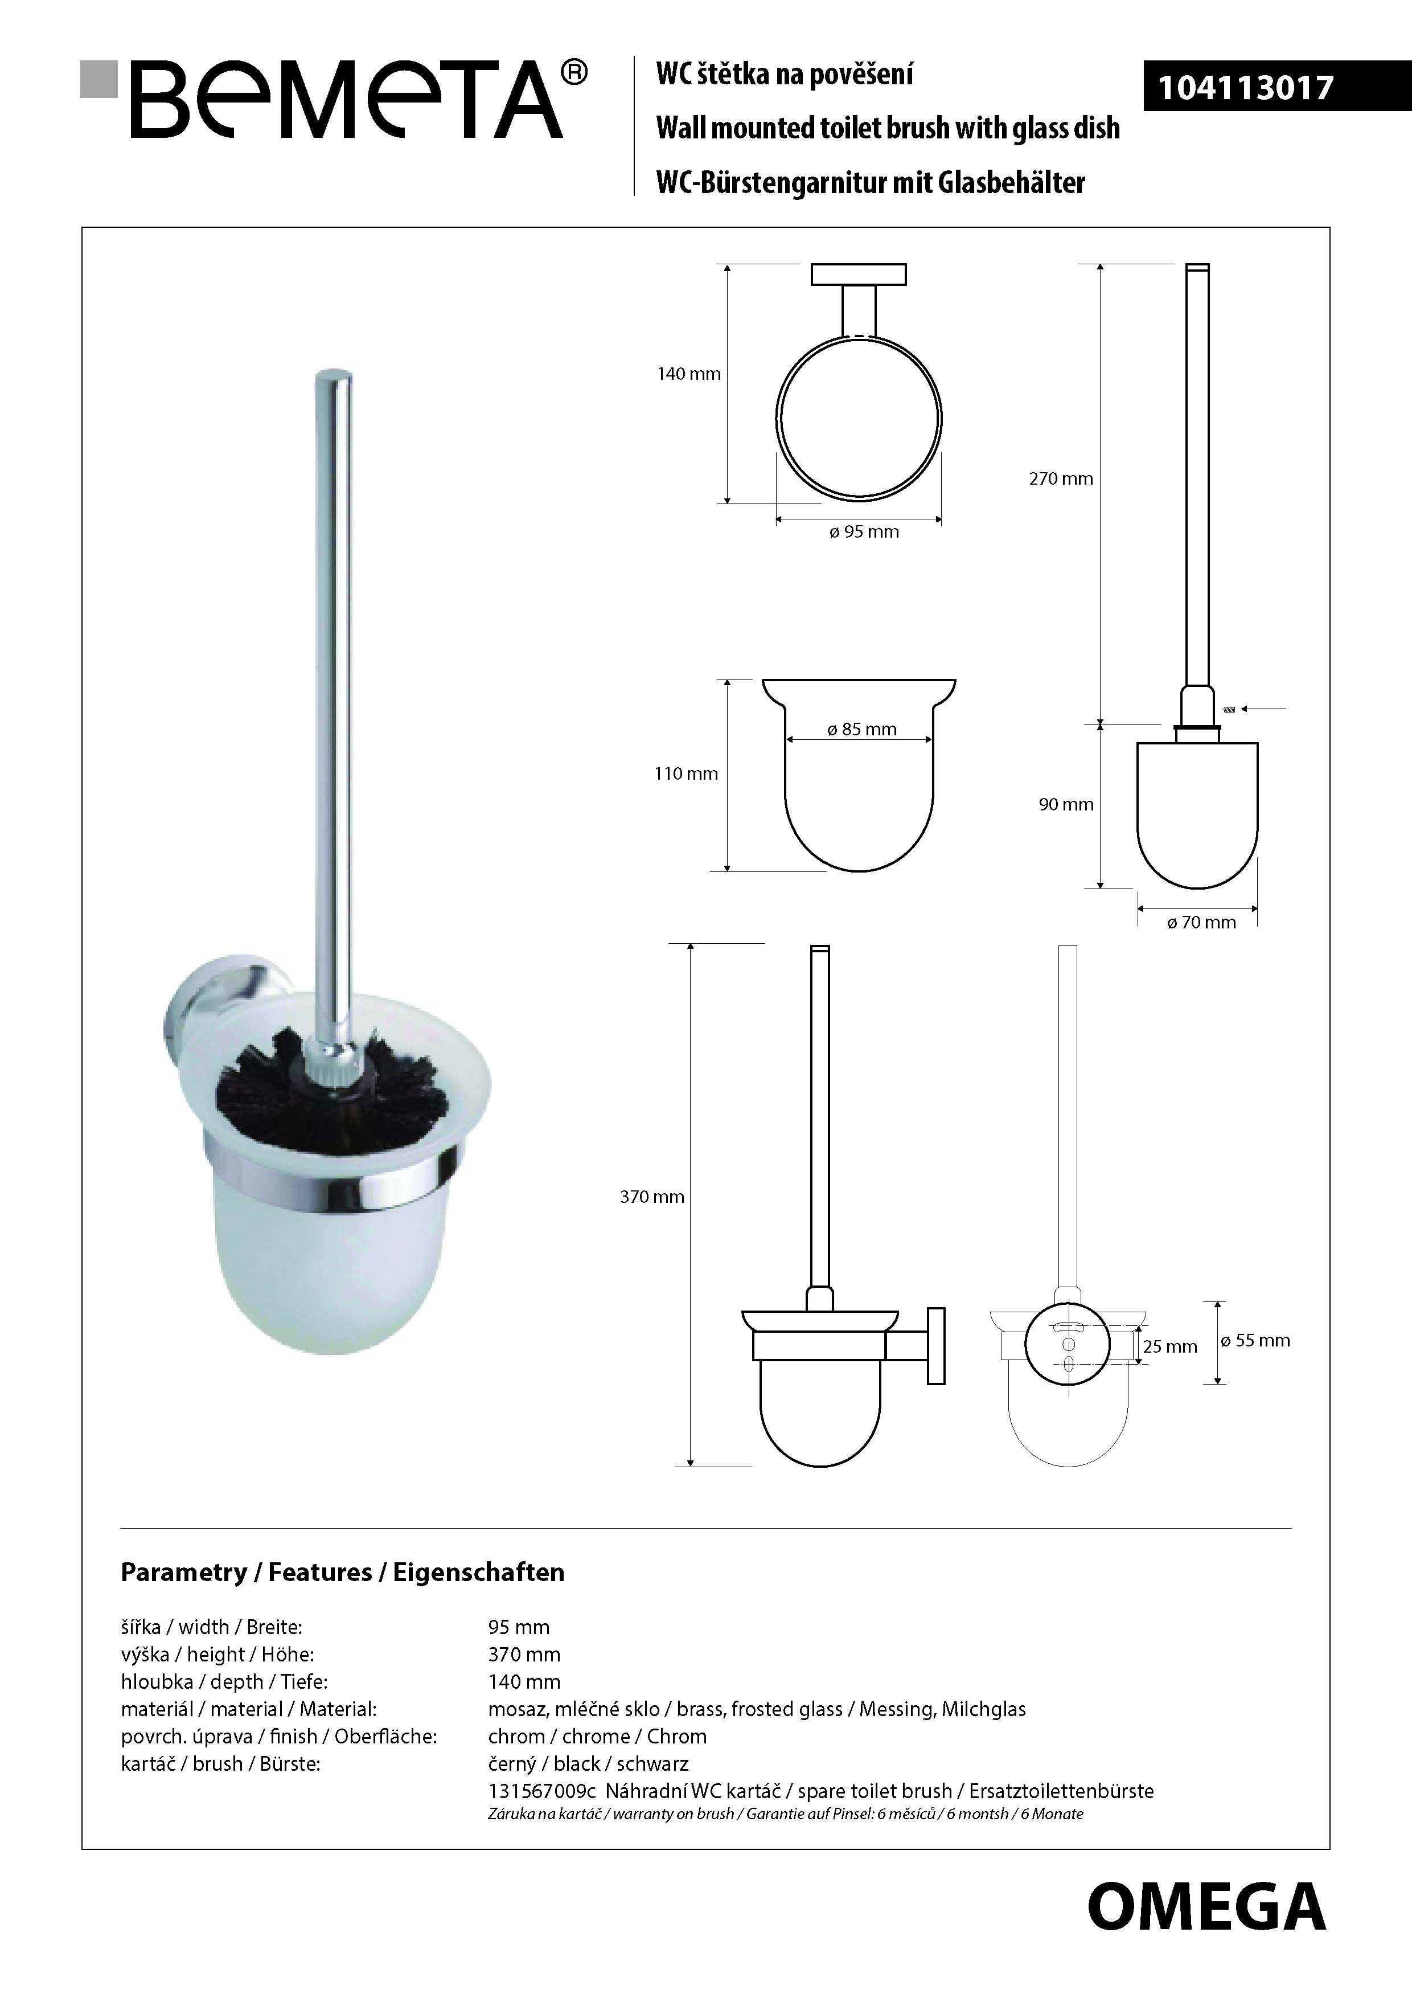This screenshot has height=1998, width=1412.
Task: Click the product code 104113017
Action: click(1245, 88)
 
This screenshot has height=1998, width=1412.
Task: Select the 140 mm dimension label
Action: click(688, 374)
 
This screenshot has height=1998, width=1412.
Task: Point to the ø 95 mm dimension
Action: click(863, 532)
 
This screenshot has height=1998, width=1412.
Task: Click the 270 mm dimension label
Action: click(1061, 478)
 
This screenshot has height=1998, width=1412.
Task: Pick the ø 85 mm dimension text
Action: click(861, 729)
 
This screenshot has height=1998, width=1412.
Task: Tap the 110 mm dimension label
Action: click(686, 773)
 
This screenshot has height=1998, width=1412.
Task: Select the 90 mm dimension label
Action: click(1066, 805)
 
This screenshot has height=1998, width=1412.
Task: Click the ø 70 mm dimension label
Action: click(1201, 923)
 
